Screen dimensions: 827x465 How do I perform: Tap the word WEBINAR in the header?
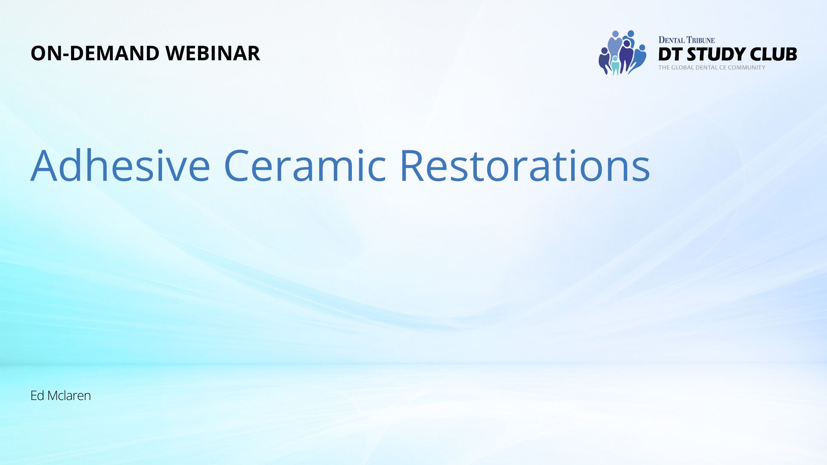click(213, 53)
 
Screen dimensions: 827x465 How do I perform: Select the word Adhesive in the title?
click(120, 165)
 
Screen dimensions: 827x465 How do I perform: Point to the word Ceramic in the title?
click(305, 166)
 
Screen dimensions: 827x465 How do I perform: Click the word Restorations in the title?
click(525, 166)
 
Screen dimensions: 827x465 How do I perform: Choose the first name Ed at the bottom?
click(37, 395)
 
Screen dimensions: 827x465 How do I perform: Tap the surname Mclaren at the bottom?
click(69, 395)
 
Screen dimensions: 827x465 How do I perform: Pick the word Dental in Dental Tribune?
click(672, 40)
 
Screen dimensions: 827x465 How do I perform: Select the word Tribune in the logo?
click(701, 40)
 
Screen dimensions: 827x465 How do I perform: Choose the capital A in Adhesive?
click(44, 166)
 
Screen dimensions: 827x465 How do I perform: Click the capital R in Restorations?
click(412, 166)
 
